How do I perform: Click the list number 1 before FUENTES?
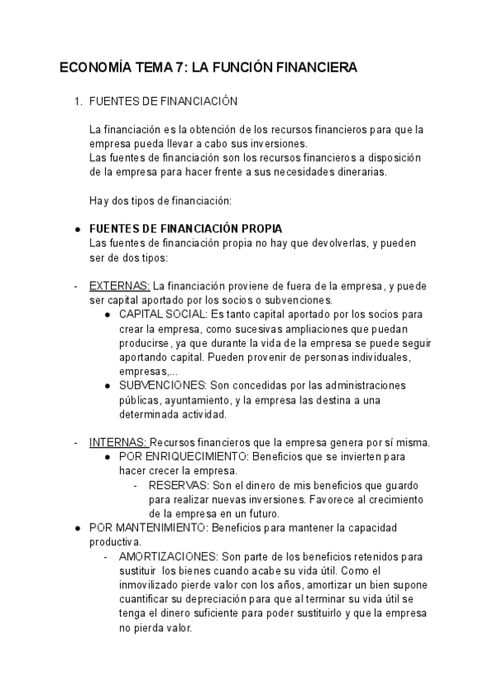(77, 102)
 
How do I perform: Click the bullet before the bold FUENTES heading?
(76, 229)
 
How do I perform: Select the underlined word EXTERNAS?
(118, 286)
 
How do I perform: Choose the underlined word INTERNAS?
(118, 442)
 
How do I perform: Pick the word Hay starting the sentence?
(99, 201)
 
